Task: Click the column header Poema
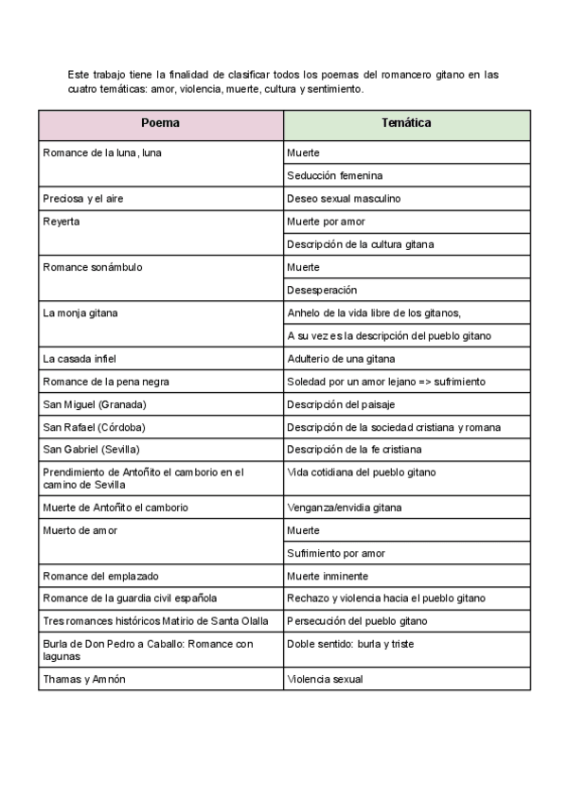click(160, 124)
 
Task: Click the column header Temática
click(406, 124)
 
